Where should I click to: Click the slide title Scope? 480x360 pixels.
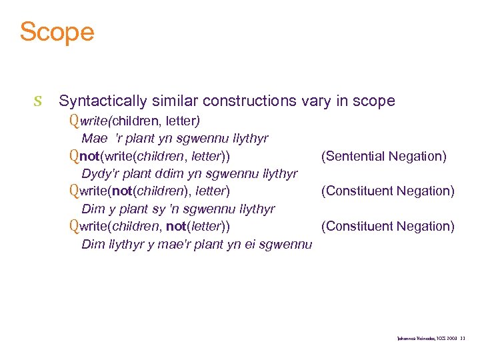pos(57,31)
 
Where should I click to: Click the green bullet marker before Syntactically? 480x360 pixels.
pos(38,101)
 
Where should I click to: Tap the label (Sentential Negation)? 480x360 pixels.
pos(383,157)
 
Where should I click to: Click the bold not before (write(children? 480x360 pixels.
pos(89,157)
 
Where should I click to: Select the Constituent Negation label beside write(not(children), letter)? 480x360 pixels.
pos(387,191)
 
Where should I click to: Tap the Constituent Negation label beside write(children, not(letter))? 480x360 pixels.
pos(387,227)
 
